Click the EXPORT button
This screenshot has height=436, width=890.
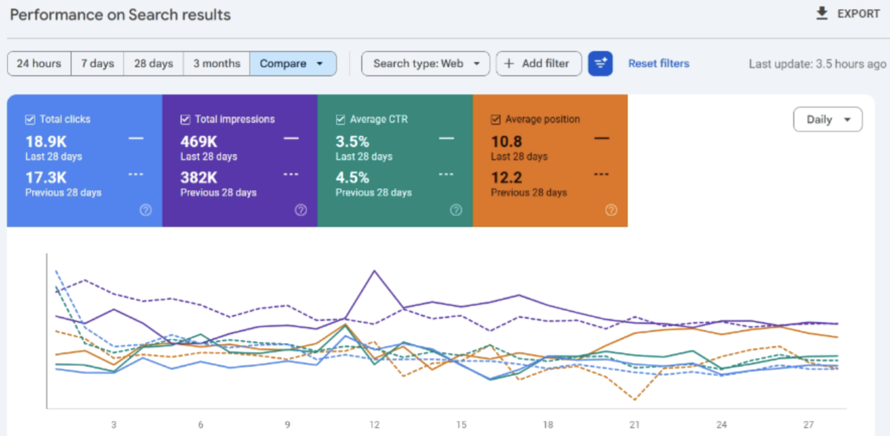848,14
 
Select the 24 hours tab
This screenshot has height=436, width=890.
39,64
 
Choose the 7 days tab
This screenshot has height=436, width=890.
98,64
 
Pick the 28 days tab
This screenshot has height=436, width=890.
154,64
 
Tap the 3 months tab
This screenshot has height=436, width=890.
216,64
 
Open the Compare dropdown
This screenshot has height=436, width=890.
293,64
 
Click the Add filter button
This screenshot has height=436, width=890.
538,64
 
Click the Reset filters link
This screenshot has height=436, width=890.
659,64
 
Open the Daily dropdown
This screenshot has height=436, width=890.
827,120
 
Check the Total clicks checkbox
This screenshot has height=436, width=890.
30,120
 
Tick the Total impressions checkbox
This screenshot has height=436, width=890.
185,120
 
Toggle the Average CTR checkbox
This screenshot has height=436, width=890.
341,120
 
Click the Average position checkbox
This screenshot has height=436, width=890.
496,120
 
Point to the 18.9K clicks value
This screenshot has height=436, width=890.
46,141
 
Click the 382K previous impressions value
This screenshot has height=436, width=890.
199,178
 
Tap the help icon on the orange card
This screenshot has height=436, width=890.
611,210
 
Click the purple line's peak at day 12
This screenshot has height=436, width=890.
374,271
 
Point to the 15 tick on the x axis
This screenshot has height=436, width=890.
461,425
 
